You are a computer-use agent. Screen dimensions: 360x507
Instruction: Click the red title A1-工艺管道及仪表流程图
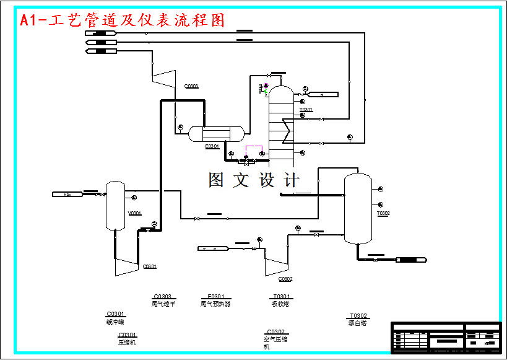coord(122,20)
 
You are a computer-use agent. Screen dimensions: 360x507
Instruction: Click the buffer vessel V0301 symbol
coord(115,206)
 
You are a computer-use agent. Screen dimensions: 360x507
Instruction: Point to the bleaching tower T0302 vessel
coord(358,209)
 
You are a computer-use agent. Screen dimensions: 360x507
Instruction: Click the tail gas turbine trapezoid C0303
coord(163,78)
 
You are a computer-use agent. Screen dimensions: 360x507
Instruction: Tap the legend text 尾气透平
coord(164,304)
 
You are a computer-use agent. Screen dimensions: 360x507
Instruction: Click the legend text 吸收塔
coord(280,304)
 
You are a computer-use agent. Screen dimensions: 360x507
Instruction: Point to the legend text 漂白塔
coord(358,323)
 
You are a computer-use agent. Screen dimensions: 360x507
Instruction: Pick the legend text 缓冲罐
coord(116,322)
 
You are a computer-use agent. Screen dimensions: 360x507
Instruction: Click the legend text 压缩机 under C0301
coord(127,342)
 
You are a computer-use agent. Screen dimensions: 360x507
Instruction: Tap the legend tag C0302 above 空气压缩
coord(275,331)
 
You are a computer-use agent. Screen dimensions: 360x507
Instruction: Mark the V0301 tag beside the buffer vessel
coord(134,213)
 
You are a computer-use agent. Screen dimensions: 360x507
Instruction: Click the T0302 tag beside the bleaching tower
coord(383,214)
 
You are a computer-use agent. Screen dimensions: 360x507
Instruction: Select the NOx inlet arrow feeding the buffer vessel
coord(67,195)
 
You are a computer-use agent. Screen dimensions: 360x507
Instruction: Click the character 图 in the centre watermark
coord(217,180)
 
